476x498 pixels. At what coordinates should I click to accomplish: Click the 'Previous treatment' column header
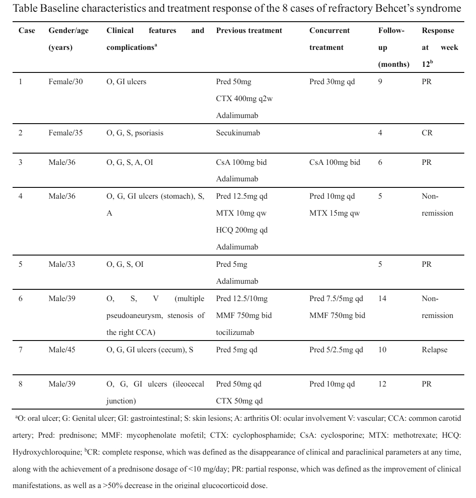(x=249, y=31)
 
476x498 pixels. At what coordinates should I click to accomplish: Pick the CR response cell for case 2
(x=427, y=133)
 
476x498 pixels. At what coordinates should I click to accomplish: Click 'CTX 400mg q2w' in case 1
(x=245, y=98)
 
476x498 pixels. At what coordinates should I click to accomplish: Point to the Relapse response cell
(x=434, y=350)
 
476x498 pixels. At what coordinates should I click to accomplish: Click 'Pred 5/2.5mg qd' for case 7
(x=336, y=350)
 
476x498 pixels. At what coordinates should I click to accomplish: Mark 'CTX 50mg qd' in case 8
(x=239, y=401)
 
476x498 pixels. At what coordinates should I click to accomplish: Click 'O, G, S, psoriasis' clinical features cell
(x=135, y=133)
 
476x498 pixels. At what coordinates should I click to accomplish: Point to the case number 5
(x=20, y=264)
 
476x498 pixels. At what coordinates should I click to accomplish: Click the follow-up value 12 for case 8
(x=382, y=384)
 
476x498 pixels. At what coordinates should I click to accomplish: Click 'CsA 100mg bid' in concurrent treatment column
(x=335, y=162)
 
